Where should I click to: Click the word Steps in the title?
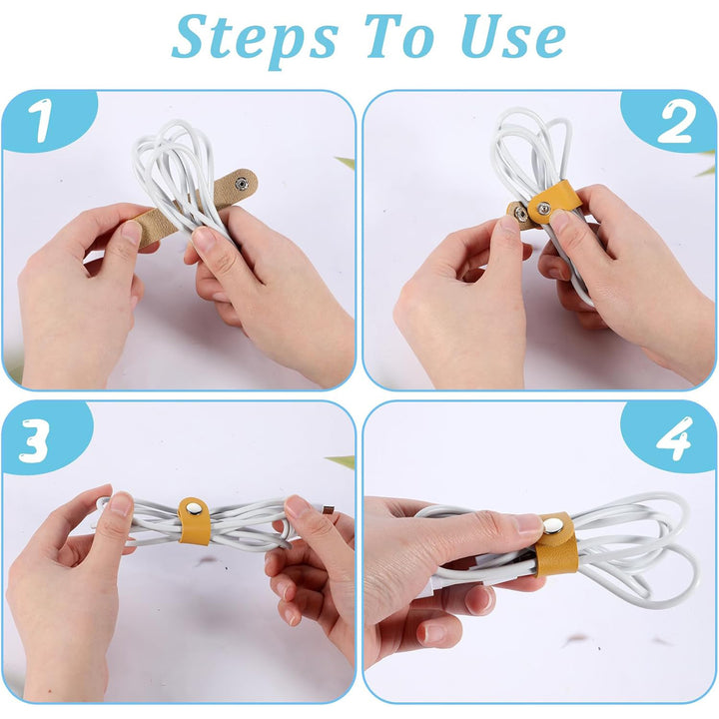pos(255,40)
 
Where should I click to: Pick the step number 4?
pos(674,438)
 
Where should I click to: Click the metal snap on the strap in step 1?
pos(241,184)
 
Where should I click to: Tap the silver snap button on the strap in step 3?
pos(193,507)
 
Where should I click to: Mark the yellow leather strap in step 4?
pos(555,545)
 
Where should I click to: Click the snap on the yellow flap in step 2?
pos(544,208)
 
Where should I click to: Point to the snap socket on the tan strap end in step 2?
pos(520,213)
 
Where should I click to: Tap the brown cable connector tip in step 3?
pos(329,509)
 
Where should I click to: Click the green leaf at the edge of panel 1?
pos(346,163)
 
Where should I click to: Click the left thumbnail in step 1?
pos(132,233)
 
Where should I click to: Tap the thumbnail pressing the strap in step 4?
pos(528,523)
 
